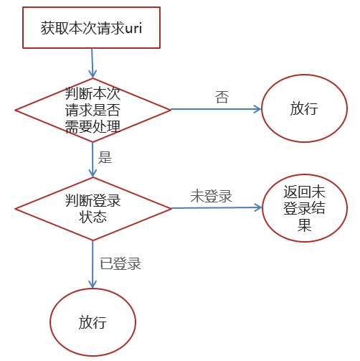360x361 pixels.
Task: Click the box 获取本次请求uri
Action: pos(91,29)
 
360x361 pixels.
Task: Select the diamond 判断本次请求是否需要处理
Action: pos(93,110)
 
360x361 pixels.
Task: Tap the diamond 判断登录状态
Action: pos(93,208)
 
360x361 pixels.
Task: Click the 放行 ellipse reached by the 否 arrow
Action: pos(303,109)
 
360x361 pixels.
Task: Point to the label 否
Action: pos(222,96)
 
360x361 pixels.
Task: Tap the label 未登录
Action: pos(211,196)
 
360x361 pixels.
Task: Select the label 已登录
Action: pos(120,263)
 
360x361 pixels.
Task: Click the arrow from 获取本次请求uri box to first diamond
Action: pos(93,63)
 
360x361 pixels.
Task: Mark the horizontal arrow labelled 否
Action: pos(215,109)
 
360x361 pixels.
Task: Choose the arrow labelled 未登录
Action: pos(215,208)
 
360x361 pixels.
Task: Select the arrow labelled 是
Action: pos(93,159)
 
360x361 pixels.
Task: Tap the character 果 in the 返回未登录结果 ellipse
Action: pos(305,224)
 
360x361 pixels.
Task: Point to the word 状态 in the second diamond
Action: pos(93,216)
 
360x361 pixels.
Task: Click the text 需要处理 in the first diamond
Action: pos(93,126)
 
